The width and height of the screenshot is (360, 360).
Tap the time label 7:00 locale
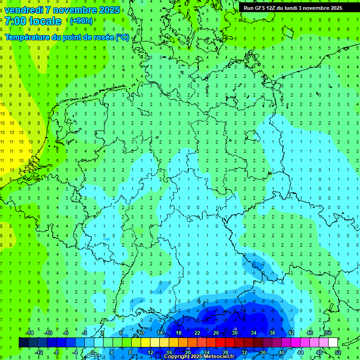(33, 21)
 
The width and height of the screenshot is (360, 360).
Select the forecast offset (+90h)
(81, 21)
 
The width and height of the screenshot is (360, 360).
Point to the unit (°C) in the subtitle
(122, 37)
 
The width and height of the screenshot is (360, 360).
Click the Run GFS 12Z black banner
(293, 8)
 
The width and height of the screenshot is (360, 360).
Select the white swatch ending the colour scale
(333, 343)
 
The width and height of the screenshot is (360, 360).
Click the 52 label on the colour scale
(338, 352)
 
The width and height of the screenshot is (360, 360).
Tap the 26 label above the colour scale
(216, 333)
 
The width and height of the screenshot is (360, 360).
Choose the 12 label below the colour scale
(150, 352)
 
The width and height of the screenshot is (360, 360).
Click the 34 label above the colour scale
(254, 333)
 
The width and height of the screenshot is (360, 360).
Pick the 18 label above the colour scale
(179, 333)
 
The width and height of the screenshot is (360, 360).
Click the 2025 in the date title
(108, 10)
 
